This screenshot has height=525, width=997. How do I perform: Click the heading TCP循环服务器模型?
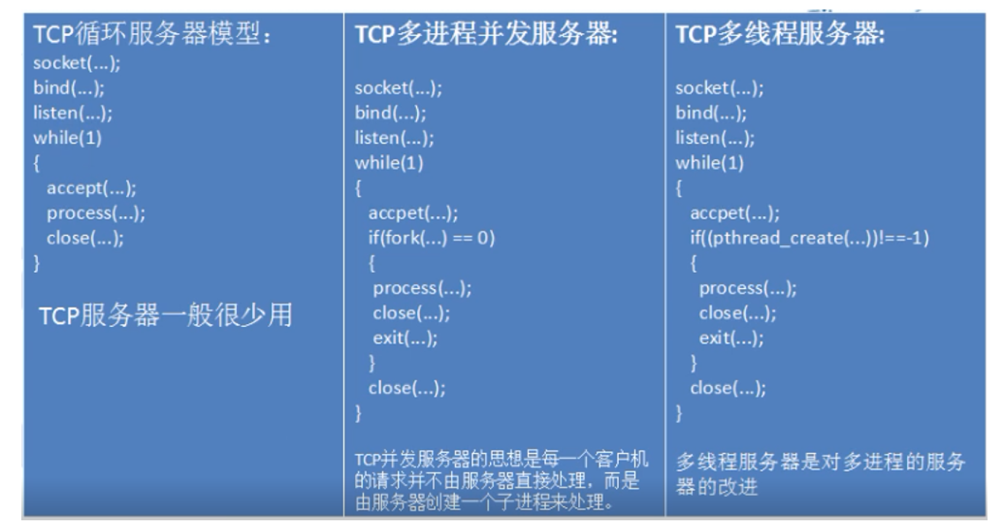coord(151,34)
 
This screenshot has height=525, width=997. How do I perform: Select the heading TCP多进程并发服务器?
coord(486,34)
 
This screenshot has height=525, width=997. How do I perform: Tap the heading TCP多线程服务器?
coord(780,34)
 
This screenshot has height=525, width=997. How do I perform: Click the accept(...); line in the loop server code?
coord(91,188)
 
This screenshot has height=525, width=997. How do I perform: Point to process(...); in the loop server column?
coord(96,213)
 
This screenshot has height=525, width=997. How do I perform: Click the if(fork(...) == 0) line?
coord(431,238)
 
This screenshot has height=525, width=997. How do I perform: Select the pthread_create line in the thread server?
coord(809,238)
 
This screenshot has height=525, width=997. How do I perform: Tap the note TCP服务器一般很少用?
coord(166,315)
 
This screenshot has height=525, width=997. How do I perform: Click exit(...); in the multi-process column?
coord(405,338)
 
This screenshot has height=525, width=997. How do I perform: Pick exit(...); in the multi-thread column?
coord(731,338)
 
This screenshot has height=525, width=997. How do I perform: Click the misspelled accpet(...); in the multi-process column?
coord(412,213)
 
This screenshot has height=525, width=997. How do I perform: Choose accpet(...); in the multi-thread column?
coord(734,213)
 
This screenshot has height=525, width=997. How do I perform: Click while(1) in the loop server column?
coord(67,138)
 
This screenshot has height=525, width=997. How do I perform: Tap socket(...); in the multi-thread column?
coord(719,88)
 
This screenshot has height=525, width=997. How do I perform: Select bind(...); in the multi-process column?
coord(390,113)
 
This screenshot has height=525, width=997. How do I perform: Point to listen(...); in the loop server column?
coord(72,113)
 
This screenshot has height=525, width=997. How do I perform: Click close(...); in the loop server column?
coord(85,238)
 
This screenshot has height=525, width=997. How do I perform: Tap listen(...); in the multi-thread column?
coord(715,138)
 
